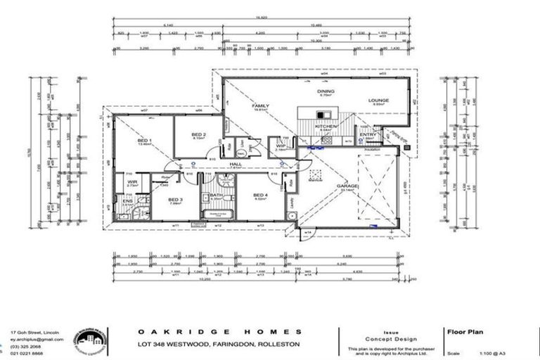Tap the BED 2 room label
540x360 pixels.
pos(199,134)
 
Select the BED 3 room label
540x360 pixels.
pos(175,200)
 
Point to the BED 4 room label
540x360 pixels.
pos(259,195)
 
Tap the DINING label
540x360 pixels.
pos(325,91)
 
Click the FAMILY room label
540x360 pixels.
pos(261,106)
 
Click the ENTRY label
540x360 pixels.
pos(367,135)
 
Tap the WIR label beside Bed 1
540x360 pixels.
pos(131,182)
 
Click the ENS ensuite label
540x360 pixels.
pos(127,202)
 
